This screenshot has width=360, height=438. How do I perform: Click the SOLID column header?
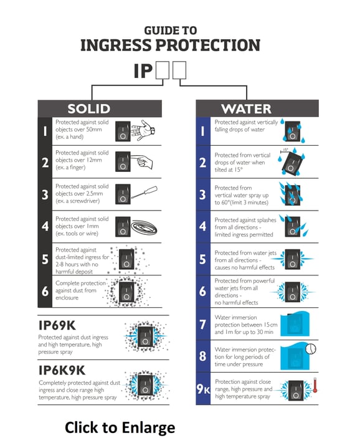coord(88,108)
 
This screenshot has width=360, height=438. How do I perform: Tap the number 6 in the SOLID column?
coord(45,292)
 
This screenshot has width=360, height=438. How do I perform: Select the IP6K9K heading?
coord(62,370)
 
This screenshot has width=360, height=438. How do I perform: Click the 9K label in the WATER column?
coord(204,389)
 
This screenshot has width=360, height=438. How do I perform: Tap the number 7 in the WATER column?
coord(203,324)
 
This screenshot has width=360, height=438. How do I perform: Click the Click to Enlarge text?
coord(120,427)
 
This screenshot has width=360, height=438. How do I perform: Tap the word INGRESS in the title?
coord(129,45)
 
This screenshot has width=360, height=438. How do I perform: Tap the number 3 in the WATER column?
coord(203,194)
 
